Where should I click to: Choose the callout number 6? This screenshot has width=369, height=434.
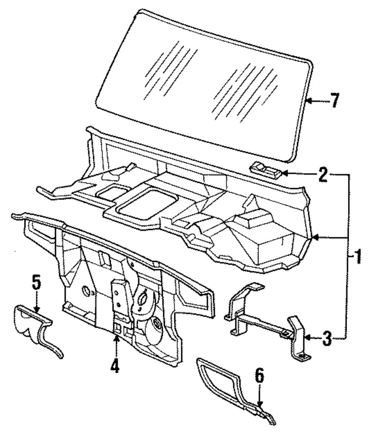(259, 376)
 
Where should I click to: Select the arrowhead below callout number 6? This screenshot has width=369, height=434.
(260, 405)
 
